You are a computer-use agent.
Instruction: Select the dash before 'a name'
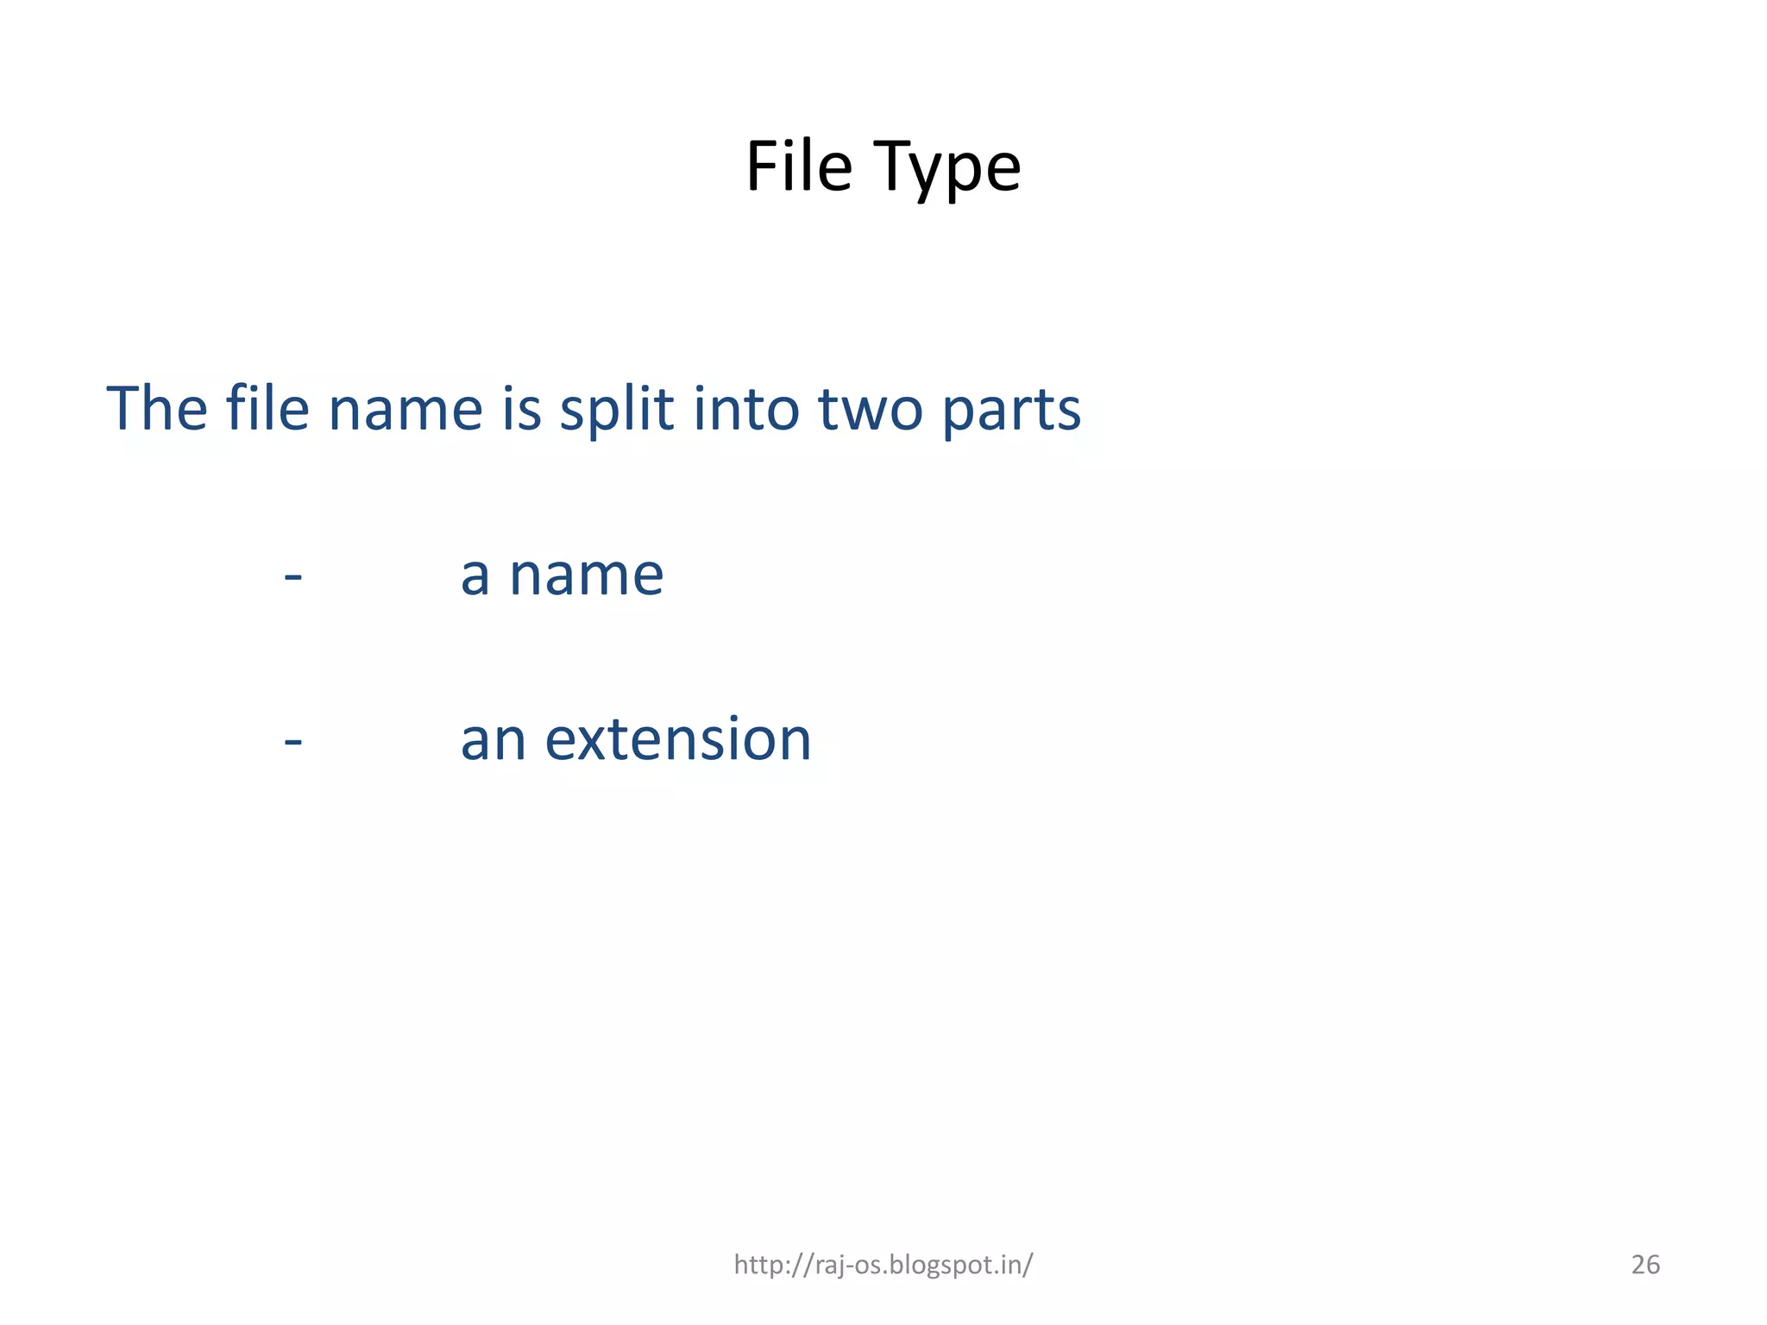293,576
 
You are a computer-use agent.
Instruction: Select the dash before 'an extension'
293,741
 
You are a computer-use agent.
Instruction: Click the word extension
677,740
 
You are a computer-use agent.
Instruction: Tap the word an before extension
493,741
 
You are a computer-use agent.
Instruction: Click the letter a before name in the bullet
475,576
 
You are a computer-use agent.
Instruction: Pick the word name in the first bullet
587,576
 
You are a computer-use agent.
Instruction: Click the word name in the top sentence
405,410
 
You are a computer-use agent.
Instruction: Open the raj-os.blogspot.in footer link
883,1265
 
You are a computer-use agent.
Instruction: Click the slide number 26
1645,1265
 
